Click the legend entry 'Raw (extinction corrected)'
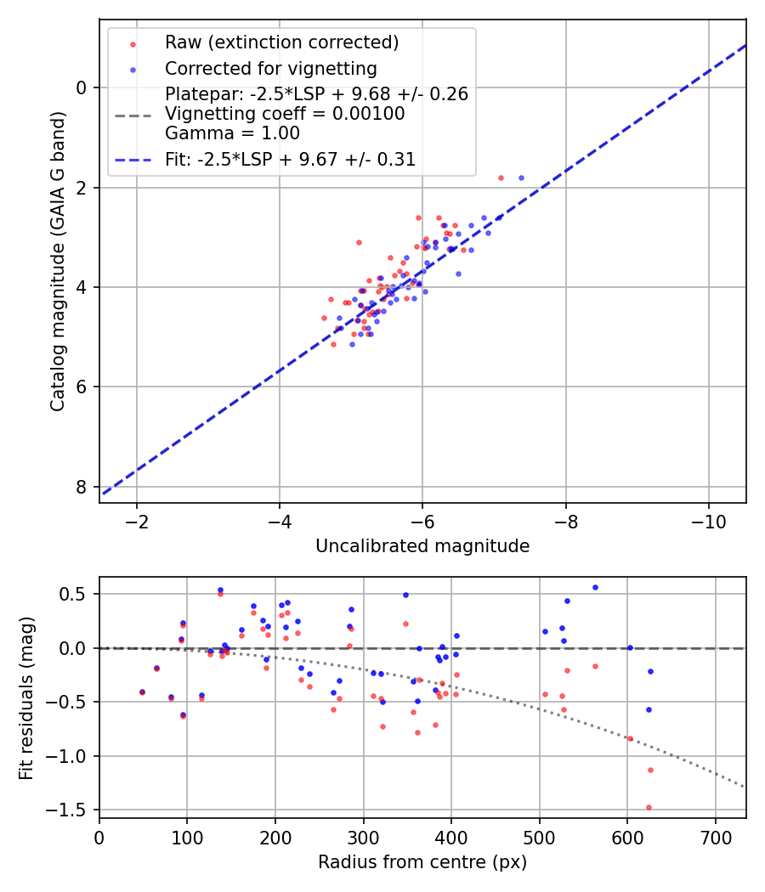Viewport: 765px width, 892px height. click(x=281, y=42)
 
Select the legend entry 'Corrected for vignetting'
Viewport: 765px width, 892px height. click(x=270, y=68)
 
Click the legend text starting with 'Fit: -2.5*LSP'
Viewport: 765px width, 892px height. click(x=290, y=159)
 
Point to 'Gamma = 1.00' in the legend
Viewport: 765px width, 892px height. click(x=232, y=133)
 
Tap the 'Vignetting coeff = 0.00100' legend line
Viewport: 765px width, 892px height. click(x=285, y=114)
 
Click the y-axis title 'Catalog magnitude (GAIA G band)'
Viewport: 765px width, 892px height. click(x=58, y=259)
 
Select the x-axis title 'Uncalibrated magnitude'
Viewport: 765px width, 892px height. click(x=422, y=546)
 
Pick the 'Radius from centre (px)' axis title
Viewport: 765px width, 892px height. click(x=422, y=863)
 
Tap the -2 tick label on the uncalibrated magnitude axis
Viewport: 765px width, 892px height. click(x=136, y=520)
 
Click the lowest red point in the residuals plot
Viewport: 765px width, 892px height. click(x=649, y=807)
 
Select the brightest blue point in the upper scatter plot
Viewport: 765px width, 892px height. click(x=521, y=178)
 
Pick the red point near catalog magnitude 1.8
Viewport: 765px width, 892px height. click(x=501, y=178)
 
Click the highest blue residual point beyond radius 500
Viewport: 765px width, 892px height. click(x=595, y=587)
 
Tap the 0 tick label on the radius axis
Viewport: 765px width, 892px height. click(x=99, y=837)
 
